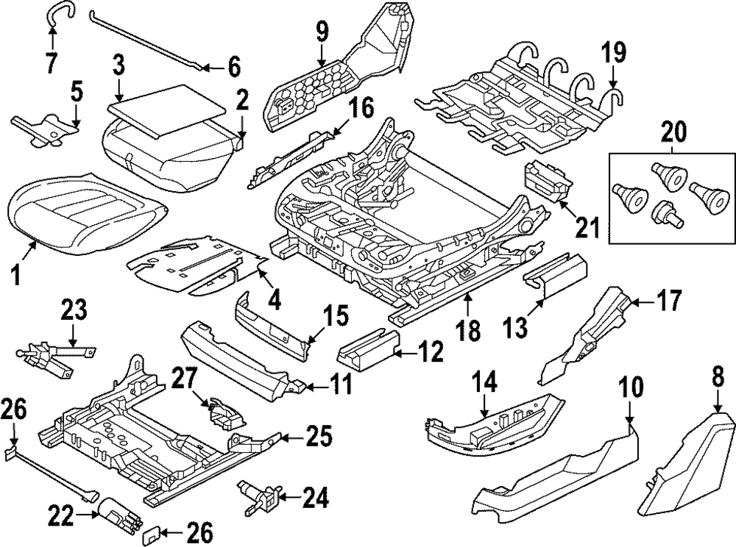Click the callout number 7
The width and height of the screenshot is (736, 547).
(x=50, y=63)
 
